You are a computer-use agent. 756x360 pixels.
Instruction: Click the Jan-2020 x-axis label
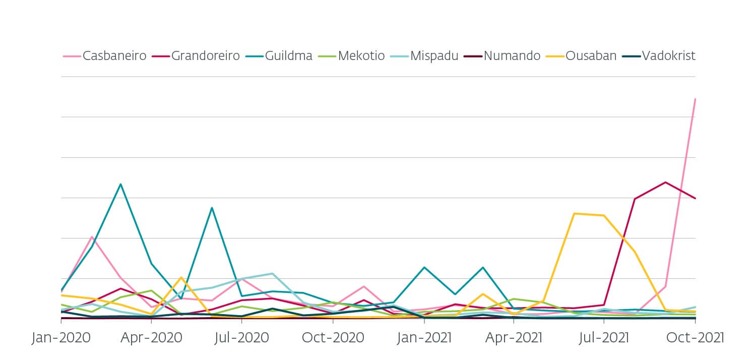click(61, 337)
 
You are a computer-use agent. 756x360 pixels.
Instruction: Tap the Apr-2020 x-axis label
click(151, 337)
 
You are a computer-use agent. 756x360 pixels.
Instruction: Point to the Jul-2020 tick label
click(242, 337)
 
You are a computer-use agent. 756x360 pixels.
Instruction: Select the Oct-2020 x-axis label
click(333, 337)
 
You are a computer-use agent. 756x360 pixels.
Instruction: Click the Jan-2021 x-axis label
click(423, 337)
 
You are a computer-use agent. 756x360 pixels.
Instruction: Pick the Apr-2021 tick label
click(514, 337)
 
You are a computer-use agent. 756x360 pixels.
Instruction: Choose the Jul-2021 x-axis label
click(604, 337)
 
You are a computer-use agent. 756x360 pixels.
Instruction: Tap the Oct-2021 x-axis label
click(695, 337)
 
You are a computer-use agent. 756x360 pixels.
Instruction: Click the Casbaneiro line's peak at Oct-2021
click(695, 99)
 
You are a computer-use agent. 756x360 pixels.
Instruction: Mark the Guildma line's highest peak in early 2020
click(121, 184)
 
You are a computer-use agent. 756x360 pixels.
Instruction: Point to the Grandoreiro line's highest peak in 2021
click(665, 182)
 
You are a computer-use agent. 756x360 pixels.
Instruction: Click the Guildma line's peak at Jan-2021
click(424, 267)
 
